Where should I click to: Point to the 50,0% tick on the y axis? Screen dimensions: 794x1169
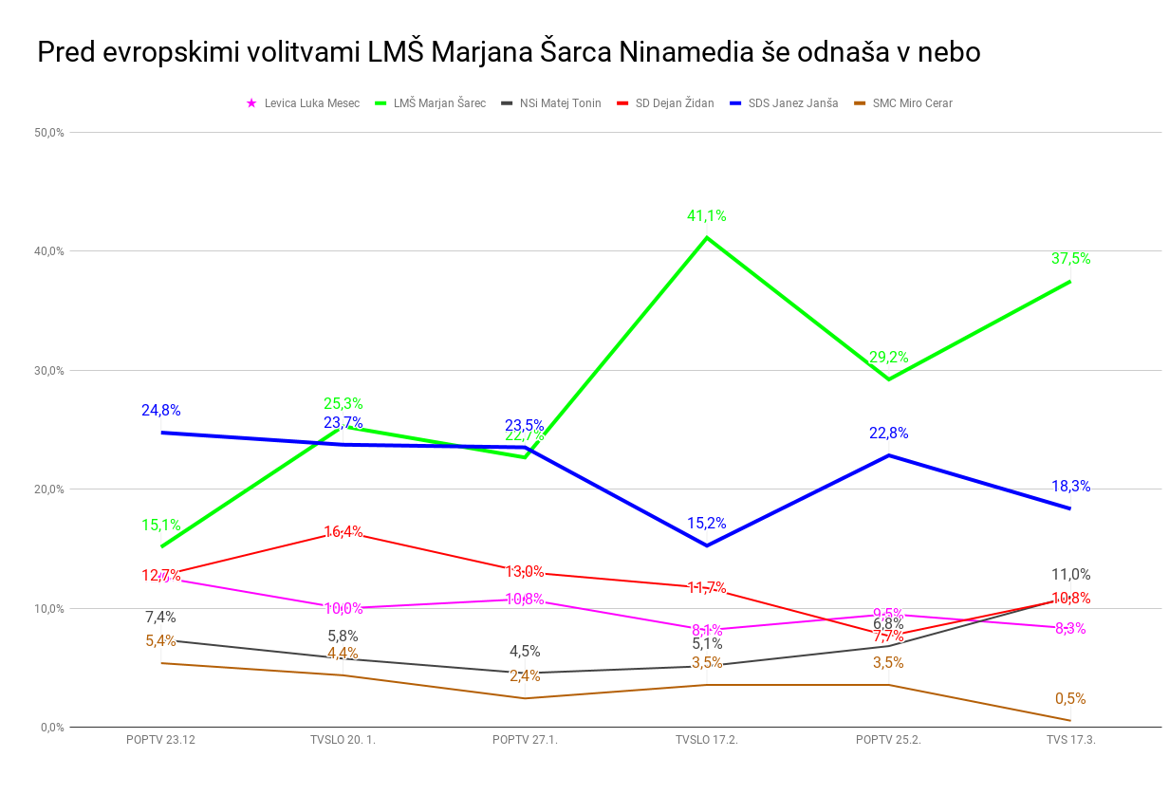coord(48,133)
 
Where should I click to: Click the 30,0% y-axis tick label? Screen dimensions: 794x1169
coord(48,371)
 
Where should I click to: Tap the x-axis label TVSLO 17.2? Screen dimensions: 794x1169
coord(706,740)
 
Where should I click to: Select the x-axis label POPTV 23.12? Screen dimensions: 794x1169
coord(160,740)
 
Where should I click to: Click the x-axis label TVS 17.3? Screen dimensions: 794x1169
coord(1070,740)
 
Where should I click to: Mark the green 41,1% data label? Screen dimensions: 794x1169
coord(706,216)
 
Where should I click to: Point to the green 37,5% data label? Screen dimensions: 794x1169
coord(1070,258)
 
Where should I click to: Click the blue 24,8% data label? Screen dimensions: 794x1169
coord(161,411)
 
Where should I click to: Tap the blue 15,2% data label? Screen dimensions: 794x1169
coord(706,523)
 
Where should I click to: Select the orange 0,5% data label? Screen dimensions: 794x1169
coord(1070,699)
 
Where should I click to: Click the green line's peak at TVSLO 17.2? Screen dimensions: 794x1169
coord(706,237)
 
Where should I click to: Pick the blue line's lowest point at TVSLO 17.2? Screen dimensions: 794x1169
coord(706,545)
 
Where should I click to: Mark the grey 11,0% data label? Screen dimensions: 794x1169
coord(1070,574)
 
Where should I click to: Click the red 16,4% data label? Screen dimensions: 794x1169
coord(343,532)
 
